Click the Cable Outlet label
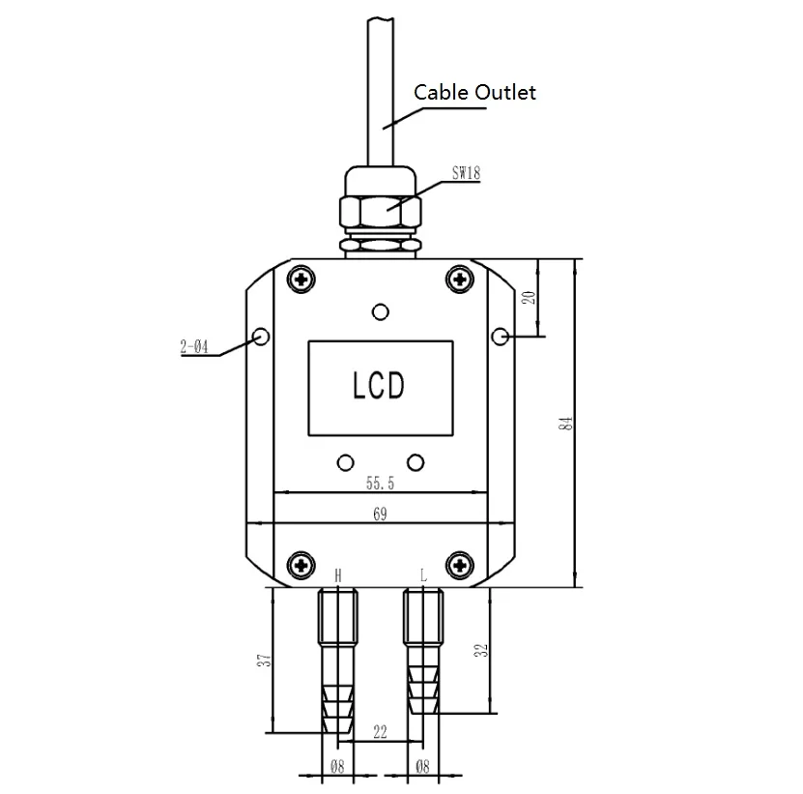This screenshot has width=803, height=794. pos(474,93)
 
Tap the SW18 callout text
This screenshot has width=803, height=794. pos(466,173)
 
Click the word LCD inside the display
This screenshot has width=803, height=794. pos(379,386)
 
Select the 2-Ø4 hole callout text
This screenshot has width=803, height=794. pos(194,347)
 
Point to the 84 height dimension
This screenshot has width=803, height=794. pos(565,424)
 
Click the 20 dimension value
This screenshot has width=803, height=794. pos(529,298)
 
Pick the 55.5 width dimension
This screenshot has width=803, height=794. pos(380,483)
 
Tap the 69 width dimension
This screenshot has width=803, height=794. pos(380,515)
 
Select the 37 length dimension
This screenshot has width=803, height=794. pos(264,660)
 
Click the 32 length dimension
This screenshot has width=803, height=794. pos(481,651)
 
